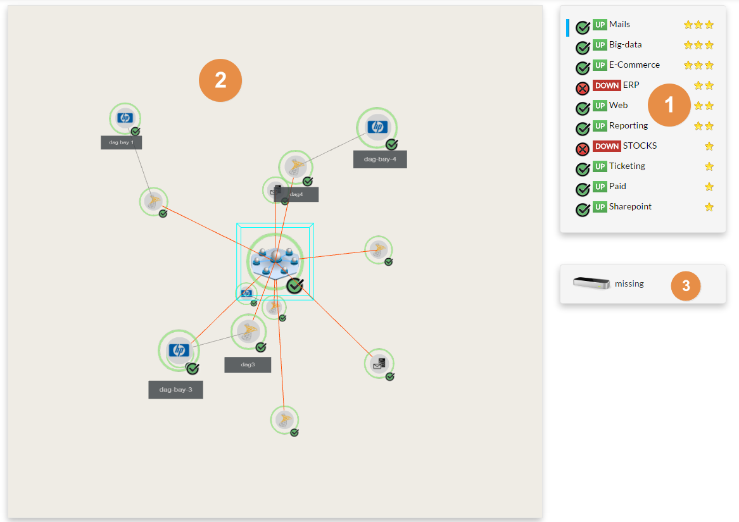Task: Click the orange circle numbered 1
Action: pyautogui.click(x=669, y=105)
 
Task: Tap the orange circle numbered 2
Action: pyautogui.click(x=220, y=80)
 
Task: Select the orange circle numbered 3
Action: pyautogui.click(x=686, y=286)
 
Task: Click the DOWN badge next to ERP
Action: pyautogui.click(x=607, y=85)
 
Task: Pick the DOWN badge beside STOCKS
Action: pyautogui.click(x=607, y=146)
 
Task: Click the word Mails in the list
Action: pyautogui.click(x=619, y=25)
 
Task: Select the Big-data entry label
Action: pyautogui.click(x=625, y=45)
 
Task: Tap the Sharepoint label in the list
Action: pyautogui.click(x=630, y=207)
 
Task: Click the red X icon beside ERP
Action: pyautogui.click(x=583, y=89)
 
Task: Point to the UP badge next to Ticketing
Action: pyautogui.click(x=600, y=166)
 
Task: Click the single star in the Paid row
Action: pyautogui.click(x=709, y=187)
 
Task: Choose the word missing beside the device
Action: pyautogui.click(x=629, y=284)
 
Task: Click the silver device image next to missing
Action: pyautogui.click(x=591, y=283)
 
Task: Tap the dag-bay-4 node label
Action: pyautogui.click(x=380, y=159)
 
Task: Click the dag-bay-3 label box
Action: pyautogui.click(x=175, y=390)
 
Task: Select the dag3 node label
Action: pyautogui.click(x=248, y=364)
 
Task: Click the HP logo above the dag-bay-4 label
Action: pyautogui.click(x=377, y=127)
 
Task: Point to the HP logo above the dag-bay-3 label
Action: pyautogui.click(x=179, y=350)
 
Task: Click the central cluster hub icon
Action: pyautogui.click(x=275, y=259)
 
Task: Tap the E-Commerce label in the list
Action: pyautogui.click(x=634, y=65)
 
